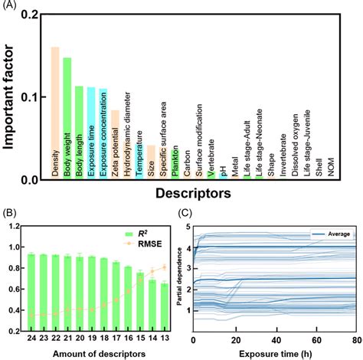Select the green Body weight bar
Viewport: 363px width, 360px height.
pyautogui.click(x=67, y=119)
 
